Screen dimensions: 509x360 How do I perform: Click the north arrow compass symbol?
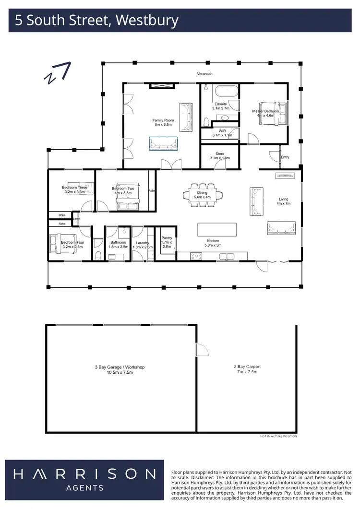(58, 72)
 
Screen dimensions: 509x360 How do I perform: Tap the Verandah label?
(205, 74)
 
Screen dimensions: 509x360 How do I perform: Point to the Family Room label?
(163, 120)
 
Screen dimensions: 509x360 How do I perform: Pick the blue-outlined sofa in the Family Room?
(163, 143)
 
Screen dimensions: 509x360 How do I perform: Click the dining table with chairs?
(202, 194)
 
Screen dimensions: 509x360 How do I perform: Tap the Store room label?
(220, 154)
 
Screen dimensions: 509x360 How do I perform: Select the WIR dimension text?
(222, 135)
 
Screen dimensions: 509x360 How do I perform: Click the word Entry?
(285, 157)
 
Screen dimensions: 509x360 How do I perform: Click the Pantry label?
(167, 238)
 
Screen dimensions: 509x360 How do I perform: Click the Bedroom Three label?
(74, 188)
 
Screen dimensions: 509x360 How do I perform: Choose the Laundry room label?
(142, 243)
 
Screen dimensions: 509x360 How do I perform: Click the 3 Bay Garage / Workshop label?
(120, 367)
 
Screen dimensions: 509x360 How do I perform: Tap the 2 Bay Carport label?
(247, 367)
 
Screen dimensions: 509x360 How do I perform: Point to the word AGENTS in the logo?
(84, 488)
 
